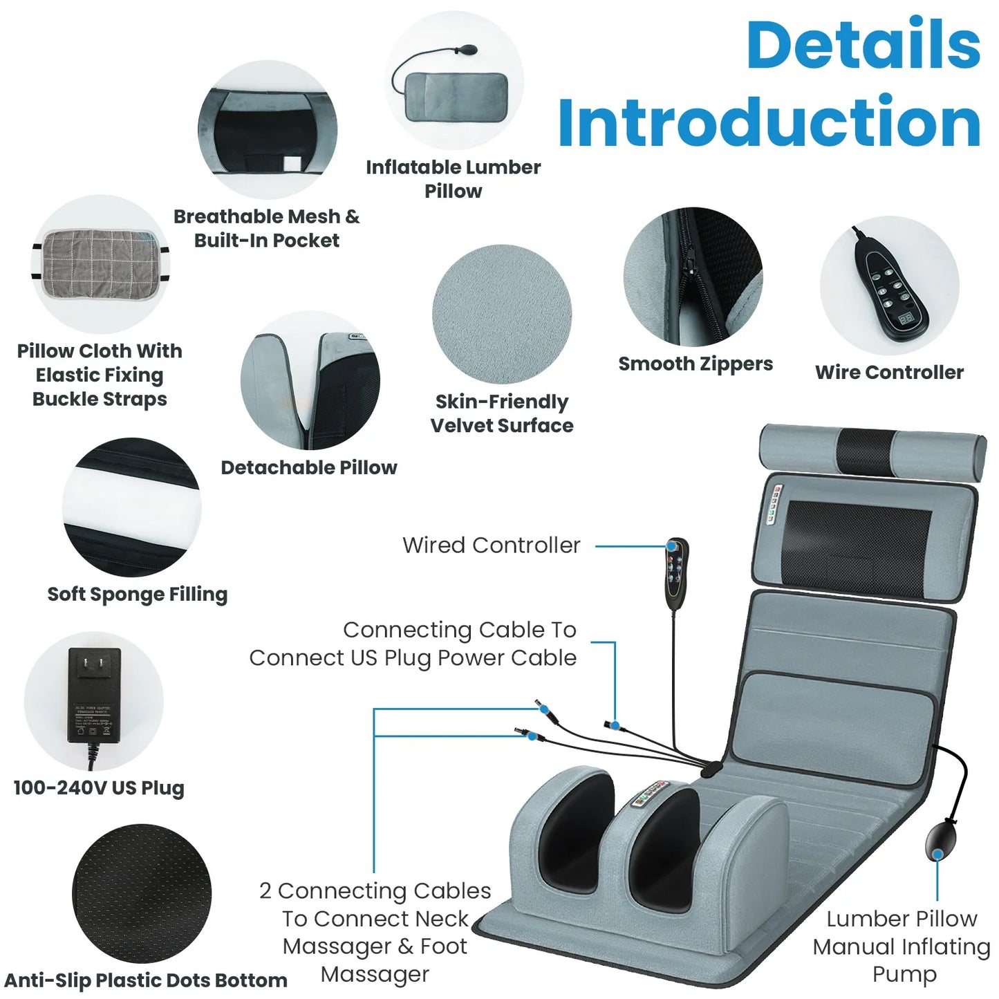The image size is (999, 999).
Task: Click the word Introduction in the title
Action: [x=769, y=122]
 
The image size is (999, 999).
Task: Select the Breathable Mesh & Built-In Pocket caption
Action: [x=266, y=228]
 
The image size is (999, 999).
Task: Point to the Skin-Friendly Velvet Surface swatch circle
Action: [x=502, y=314]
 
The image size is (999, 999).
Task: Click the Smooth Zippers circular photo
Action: [x=693, y=277]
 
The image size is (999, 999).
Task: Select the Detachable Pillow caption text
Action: [x=308, y=467]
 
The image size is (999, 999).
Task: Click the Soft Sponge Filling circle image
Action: [x=131, y=507]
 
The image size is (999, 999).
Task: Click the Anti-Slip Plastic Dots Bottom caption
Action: [x=145, y=980]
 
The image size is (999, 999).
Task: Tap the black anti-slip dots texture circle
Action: [x=142, y=893]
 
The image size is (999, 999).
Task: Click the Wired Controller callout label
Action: [x=491, y=545]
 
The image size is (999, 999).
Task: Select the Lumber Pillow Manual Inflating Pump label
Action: [x=902, y=946]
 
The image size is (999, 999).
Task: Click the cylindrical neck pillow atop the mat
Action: [x=872, y=453]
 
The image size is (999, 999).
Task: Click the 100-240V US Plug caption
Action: [x=99, y=788]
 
